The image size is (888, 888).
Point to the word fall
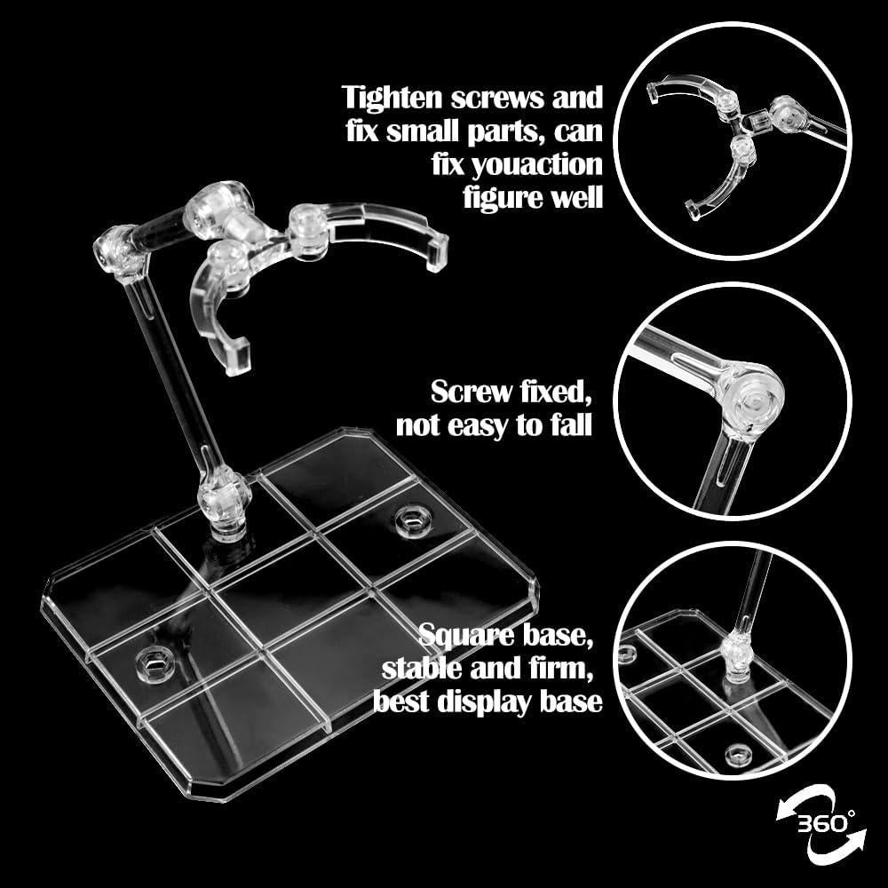(565, 425)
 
